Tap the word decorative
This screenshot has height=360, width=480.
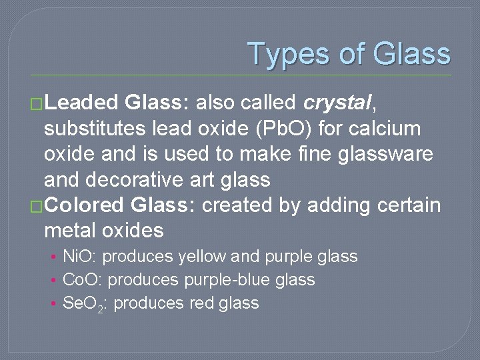point(137,179)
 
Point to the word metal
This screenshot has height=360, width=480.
point(70,231)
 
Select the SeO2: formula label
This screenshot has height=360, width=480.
point(85,303)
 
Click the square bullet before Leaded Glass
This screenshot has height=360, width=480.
point(37,103)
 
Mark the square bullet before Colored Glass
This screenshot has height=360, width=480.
point(37,206)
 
